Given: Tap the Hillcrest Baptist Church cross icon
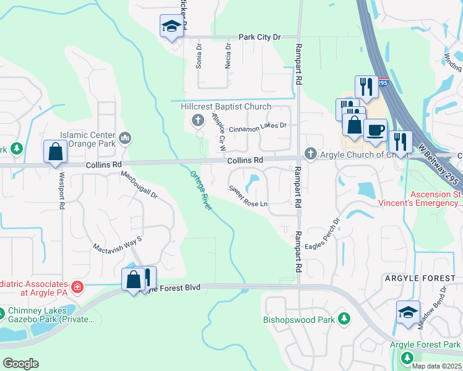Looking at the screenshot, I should click(x=198, y=119).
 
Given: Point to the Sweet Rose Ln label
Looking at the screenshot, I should click(x=248, y=196).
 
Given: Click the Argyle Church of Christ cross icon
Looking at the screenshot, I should click(x=310, y=153).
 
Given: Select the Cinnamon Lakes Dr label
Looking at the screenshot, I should click(x=258, y=126).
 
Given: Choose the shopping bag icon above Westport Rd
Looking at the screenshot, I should click(x=55, y=151).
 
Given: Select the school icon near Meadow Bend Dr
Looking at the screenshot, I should click(x=409, y=313).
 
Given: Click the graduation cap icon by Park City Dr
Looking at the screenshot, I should click(x=171, y=26).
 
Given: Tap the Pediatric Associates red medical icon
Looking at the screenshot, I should click(x=77, y=287).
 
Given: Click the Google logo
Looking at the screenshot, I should click(x=20, y=364).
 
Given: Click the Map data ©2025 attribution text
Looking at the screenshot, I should click(x=436, y=366).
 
